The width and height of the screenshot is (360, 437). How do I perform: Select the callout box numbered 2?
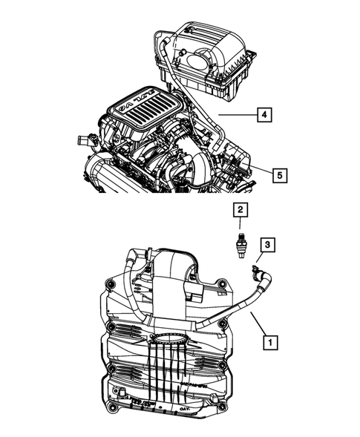coord(240,211)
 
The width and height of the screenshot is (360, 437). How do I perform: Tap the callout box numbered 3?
coord(268,244)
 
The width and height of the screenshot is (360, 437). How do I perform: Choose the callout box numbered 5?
coord(278,175)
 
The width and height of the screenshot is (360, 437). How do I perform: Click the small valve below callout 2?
coord(240,243)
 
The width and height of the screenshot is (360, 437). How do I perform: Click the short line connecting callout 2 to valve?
coord(240,225)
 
